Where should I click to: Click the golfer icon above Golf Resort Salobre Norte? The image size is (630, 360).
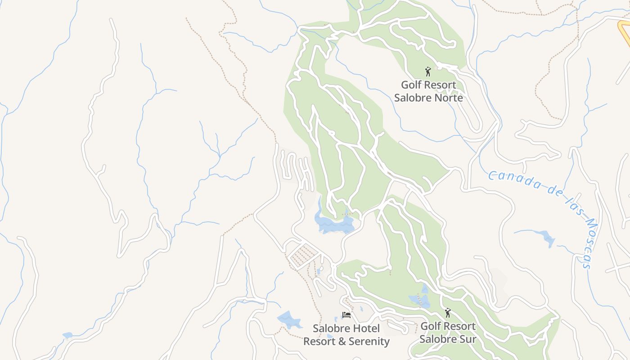(428, 72)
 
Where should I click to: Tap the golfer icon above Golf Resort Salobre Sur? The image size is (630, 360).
(447, 313)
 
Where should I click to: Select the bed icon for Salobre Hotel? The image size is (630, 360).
(346, 315)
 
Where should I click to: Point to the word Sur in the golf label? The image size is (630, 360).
(467, 339)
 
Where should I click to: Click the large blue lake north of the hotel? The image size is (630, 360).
(335, 224)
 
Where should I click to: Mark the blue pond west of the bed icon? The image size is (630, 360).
(288, 319)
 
